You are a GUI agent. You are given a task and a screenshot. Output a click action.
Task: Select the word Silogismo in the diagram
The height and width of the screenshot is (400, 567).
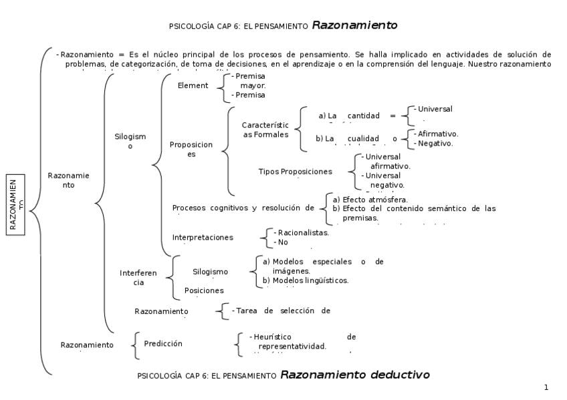click(x=130, y=141)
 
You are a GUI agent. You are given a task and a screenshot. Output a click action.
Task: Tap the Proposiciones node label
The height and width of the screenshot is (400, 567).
click(x=191, y=149)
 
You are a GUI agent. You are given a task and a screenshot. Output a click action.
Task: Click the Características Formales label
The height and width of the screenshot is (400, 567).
click(x=265, y=130)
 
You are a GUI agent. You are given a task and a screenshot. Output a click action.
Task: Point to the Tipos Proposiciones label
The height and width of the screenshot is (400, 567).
click(x=295, y=172)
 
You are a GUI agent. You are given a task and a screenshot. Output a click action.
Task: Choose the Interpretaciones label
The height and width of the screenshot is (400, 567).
click(x=203, y=237)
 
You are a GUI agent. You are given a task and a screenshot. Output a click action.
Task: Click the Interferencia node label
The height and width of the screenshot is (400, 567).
click(x=138, y=277)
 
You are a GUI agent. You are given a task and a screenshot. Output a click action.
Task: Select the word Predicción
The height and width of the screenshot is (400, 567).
click(x=162, y=344)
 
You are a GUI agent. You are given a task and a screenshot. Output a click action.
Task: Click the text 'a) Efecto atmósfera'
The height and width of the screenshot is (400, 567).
click(x=370, y=199)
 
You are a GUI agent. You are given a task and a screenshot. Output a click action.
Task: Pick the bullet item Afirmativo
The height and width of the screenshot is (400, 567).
click(x=437, y=134)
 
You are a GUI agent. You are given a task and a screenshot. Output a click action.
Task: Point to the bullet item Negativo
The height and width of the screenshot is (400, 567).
click(x=435, y=143)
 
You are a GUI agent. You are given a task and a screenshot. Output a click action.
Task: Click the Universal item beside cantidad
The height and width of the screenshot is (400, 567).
click(x=435, y=109)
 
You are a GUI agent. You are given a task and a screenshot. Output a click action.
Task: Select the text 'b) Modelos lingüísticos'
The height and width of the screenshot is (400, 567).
click(x=306, y=280)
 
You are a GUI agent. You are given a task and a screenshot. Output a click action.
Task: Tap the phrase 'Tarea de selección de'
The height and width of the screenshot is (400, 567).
click(x=283, y=311)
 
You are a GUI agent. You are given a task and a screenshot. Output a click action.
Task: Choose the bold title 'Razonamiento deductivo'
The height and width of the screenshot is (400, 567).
click(x=354, y=375)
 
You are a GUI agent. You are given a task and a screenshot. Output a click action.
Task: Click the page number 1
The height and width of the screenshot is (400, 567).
click(x=546, y=387)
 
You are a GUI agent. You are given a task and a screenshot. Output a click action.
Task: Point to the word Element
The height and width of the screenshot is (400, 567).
click(x=193, y=85)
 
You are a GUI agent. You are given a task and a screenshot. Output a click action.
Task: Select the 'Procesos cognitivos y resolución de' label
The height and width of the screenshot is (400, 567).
click(x=243, y=208)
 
